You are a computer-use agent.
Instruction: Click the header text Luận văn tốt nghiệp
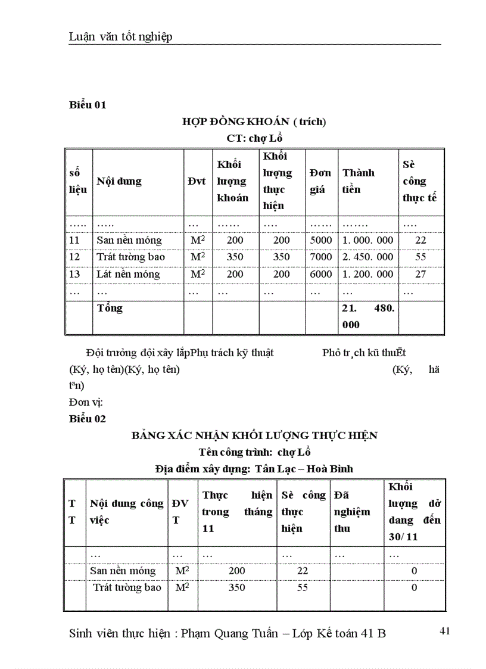tap(120, 37)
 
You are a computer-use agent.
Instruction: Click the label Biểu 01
tap(88, 105)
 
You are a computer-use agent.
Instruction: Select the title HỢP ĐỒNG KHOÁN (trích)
tap(254, 122)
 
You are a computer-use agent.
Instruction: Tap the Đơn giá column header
tap(320, 181)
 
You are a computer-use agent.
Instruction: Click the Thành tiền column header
tap(359, 181)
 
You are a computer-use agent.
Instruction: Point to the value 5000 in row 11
tap(321, 240)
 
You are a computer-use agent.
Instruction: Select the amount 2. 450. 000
tap(367, 257)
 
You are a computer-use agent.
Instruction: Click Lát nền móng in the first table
tap(128, 274)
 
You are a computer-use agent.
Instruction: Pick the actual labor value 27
tap(420, 274)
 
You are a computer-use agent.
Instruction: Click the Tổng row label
tap(110, 308)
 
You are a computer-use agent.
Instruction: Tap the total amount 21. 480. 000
tap(367, 317)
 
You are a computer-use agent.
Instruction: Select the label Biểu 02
tap(88, 419)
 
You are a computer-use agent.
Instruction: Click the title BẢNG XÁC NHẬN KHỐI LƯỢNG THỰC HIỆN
tap(254, 435)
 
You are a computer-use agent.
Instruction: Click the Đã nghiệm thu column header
tap(352, 512)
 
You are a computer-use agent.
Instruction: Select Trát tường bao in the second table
tap(127, 587)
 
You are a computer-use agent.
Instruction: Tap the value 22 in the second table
tap(303, 571)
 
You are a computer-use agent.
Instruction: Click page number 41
tap(444, 631)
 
